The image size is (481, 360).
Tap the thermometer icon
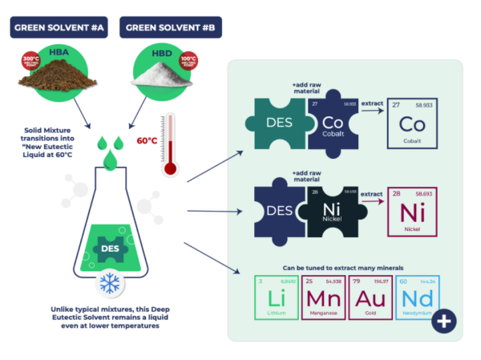(168, 145)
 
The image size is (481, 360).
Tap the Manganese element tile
(323, 297)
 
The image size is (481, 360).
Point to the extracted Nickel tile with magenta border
(412, 212)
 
